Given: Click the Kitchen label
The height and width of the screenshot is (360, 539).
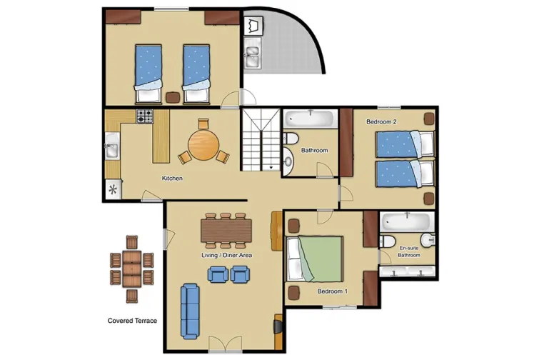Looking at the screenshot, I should (172, 178).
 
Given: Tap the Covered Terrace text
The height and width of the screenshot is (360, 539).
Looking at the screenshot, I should (132, 321).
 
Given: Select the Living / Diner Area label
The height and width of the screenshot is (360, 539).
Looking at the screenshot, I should (227, 255).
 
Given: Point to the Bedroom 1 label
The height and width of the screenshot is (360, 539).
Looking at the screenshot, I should (332, 291).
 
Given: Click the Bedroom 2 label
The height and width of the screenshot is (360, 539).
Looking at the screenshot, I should (381, 122).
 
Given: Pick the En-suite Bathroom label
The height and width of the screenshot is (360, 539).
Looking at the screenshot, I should (409, 251).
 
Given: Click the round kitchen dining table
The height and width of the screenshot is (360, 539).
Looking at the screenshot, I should (203, 146).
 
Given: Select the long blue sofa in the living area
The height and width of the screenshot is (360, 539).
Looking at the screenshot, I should (190, 311).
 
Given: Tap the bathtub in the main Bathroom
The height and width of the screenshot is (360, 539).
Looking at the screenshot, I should (311, 119).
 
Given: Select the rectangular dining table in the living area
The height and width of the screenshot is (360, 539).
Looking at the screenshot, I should (227, 230).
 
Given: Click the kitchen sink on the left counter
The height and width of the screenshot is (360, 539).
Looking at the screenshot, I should (111, 150).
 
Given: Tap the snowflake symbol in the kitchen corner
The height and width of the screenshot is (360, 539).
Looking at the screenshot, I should (112, 190).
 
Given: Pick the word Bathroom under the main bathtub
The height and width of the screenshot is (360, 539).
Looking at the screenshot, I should (314, 151).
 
